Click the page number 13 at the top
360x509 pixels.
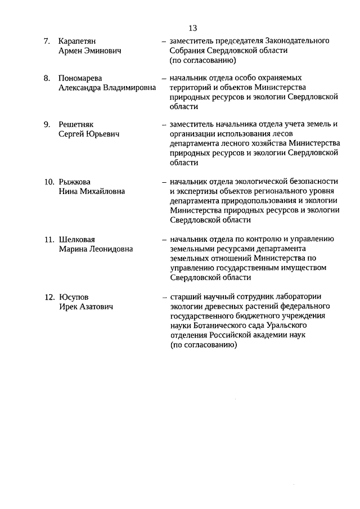(192, 28)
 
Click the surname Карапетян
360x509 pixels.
(79, 41)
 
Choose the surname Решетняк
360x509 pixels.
(77, 124)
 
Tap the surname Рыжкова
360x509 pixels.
(74, 182)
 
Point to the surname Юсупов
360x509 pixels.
(73, 297)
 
